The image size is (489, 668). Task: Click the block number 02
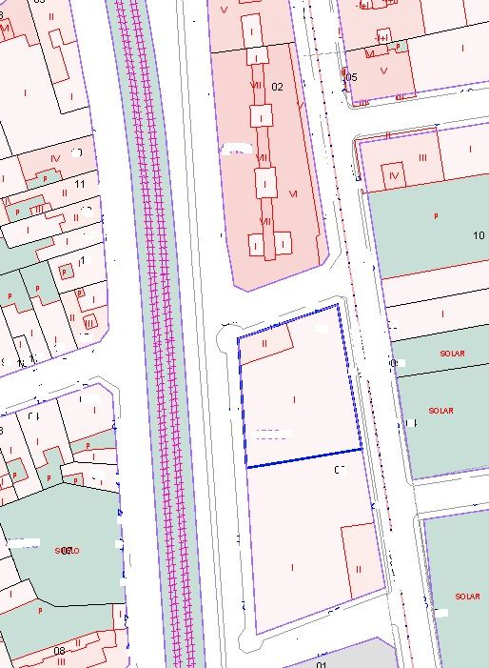[278, 87]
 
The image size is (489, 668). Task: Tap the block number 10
[478, 234]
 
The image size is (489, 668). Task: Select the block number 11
[80, 183]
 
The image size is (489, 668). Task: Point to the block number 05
[351, 76]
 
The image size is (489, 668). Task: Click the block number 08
[59, 652]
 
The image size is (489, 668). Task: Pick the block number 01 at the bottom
[322, 664]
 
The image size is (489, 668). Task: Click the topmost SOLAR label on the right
[453, 354]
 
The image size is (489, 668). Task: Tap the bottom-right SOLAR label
[467, 597]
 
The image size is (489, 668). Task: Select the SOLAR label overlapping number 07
[66, 551]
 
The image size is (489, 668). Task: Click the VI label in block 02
[293, 193]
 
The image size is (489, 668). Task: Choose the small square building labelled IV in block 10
[395, 174]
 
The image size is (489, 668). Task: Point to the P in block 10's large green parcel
[436, 217]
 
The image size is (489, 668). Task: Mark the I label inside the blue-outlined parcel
[294, 399]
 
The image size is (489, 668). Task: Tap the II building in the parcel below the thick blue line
[359, 568]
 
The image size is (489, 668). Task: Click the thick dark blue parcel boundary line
[304, 457]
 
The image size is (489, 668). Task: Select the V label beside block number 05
[382, 70]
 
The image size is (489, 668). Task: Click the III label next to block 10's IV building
[421, 156]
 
